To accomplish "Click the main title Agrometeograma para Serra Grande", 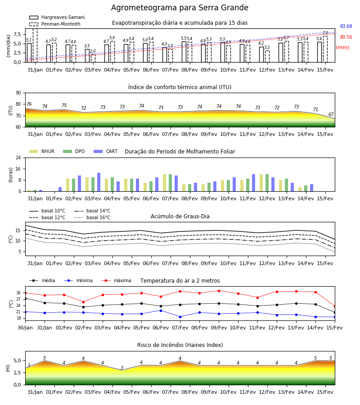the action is coord(180,8).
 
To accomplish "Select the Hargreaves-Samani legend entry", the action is coord(57,17).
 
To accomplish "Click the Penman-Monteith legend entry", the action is coord(55,24).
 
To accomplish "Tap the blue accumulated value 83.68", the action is coord(346,27).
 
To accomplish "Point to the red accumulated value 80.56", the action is coord(346,37).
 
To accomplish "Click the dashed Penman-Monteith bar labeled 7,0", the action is coord(325,49).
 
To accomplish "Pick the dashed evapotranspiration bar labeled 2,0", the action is coord(93,58).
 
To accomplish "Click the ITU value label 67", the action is coord(331,114).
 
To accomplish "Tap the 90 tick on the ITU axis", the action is coord(18,93).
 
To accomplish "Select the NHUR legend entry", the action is coord(42,151).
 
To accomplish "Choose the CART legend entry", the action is coord(106,151).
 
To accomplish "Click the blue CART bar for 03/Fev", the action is coord(99,182).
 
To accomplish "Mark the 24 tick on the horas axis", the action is coord(18,158).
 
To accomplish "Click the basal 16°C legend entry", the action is coord(92,218).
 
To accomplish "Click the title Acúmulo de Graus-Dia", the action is coord(180,216).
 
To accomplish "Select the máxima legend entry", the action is coord(116,280).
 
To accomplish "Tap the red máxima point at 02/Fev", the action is coord(83,302).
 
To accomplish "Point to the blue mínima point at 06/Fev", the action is coord(161,310).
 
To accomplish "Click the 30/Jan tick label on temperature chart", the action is coord(25,328).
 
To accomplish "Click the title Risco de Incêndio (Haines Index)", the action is coord(180,345).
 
